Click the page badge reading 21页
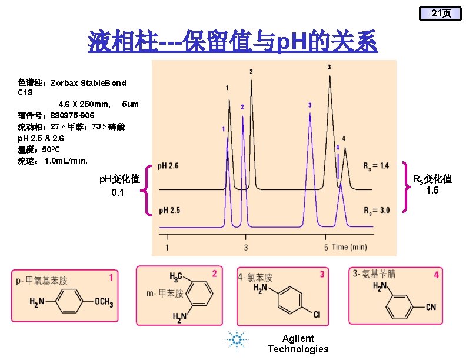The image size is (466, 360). pos(440,13)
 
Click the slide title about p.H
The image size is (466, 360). pos(232,42)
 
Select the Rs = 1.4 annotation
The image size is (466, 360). pos(376,166)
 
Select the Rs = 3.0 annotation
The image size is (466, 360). pos(376,210)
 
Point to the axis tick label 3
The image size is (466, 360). pos(246,247)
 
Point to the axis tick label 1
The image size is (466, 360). pos(167,247)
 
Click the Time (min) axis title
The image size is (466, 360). pos(349,247)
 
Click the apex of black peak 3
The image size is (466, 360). pos(329,76)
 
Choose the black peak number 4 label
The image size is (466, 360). pos(344,139)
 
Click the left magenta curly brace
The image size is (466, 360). pos(148,189)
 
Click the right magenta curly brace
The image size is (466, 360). pos(405,187)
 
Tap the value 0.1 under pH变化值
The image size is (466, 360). pos(118,192)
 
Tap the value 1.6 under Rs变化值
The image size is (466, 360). pos(432,190)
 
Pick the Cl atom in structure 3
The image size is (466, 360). pos(317,315)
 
